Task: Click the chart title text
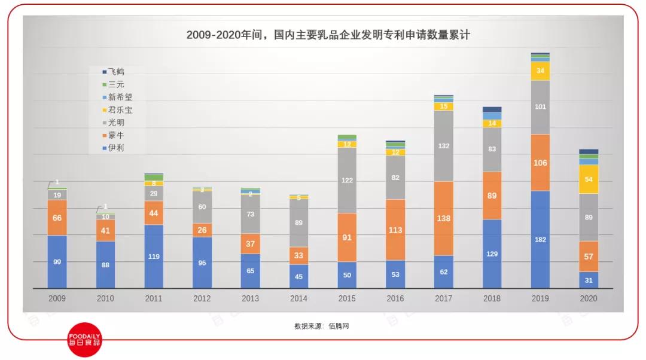328,35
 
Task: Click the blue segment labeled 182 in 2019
540,239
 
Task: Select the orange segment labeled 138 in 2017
443,218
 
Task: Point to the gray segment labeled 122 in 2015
347,180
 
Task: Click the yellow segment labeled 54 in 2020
589,179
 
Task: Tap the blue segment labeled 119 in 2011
154,256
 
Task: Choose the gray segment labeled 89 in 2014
298,222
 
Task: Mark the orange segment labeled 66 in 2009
57,218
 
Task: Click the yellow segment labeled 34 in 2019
540,71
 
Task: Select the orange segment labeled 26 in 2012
202,230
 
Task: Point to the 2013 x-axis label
250,298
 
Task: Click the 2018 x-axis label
492,298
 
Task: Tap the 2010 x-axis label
105,298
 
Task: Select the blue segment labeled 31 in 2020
589,280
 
